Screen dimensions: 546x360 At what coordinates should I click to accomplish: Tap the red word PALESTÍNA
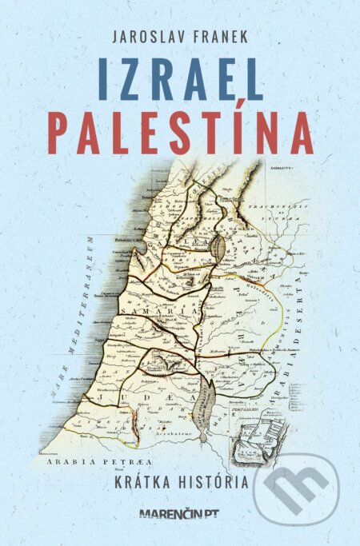click(180, 132)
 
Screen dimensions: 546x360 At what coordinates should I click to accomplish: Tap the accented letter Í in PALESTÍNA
click(217, 128)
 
